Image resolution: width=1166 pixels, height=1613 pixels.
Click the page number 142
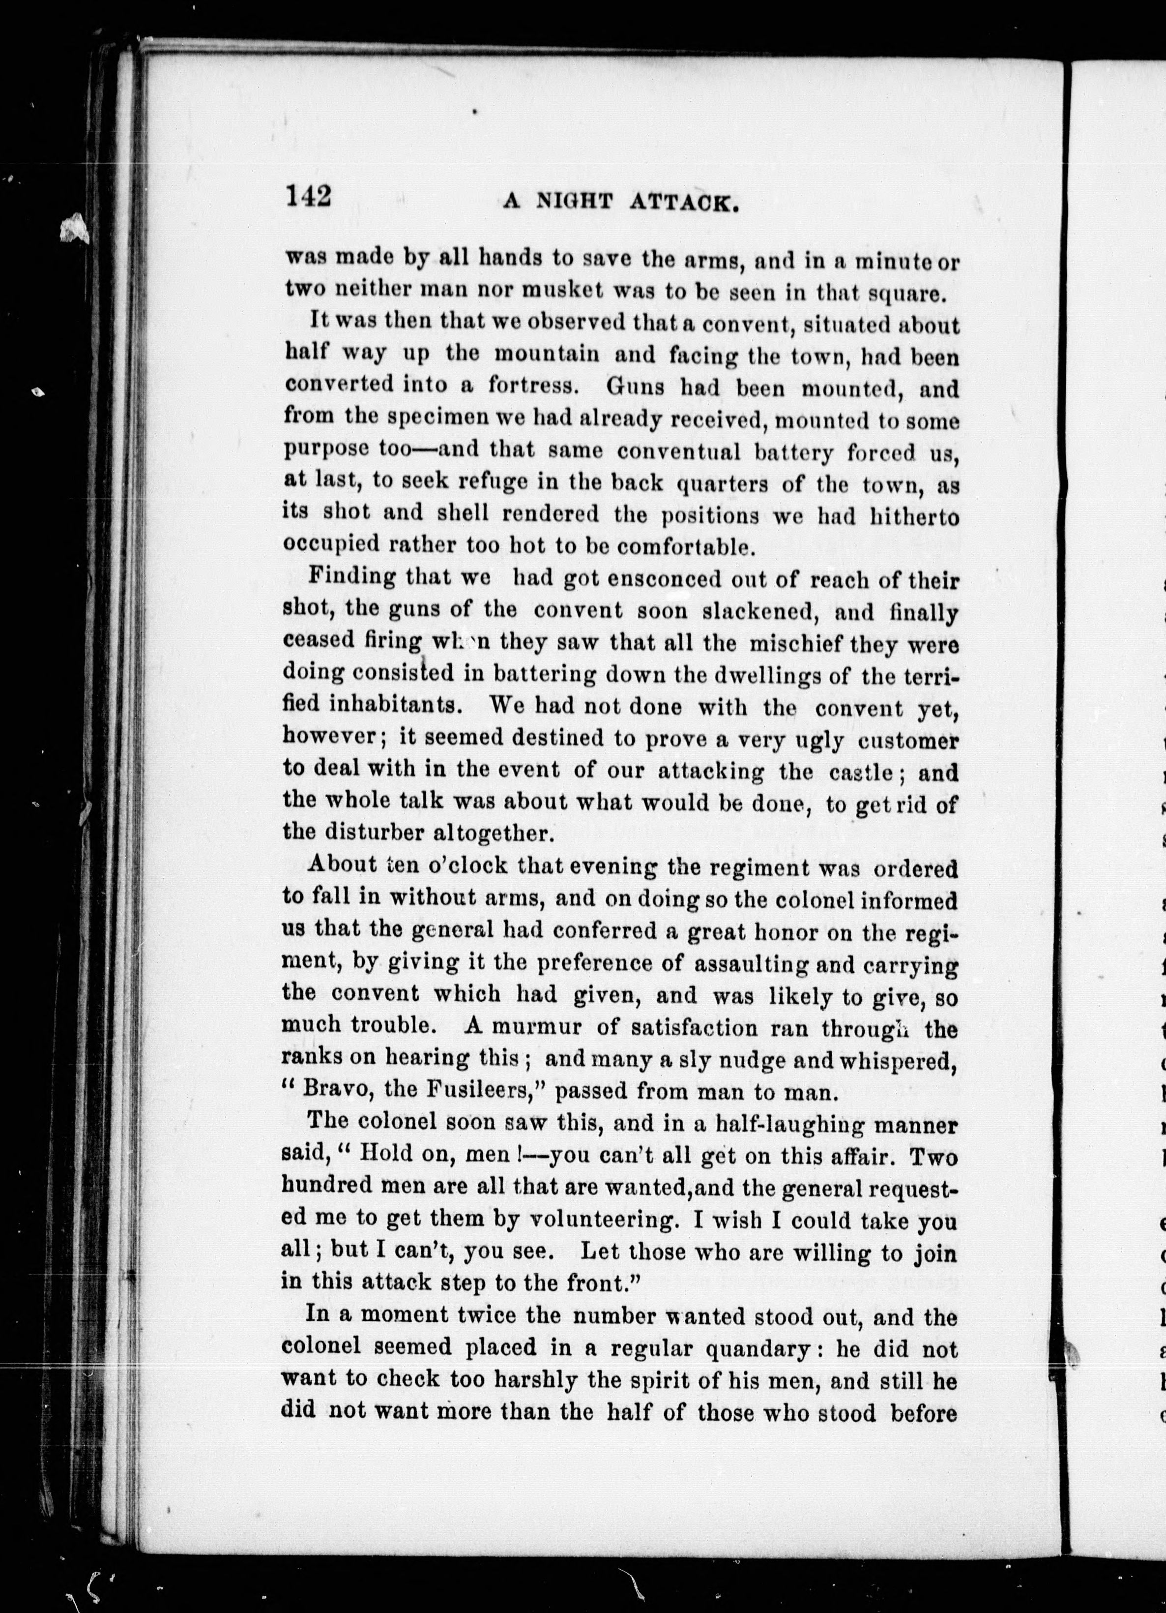309,196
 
